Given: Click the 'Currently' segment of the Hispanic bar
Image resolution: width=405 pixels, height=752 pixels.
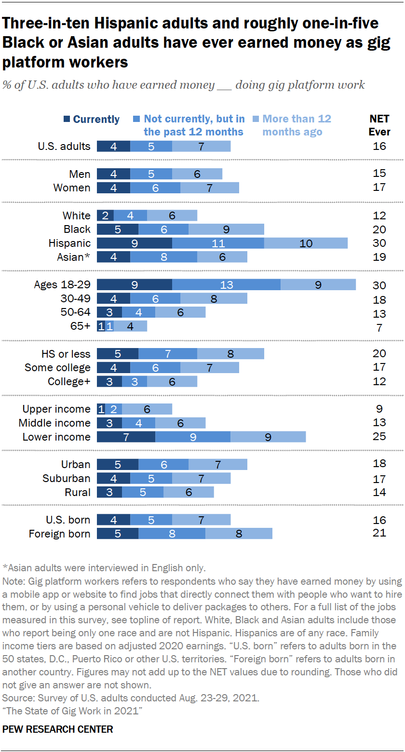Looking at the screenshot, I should point(134,243).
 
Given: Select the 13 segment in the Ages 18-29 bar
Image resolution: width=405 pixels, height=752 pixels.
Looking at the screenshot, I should point(226,284).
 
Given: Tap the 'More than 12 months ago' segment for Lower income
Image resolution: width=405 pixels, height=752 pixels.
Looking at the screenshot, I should point(268,437).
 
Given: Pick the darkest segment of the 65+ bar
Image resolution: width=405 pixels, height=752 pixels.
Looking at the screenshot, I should point(101,326).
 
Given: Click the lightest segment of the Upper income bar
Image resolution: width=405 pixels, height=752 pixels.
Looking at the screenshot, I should point(147,409).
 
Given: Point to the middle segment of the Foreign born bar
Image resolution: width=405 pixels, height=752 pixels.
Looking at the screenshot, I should point(172,534).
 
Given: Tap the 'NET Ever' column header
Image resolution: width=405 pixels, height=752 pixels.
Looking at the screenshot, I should point(379,125).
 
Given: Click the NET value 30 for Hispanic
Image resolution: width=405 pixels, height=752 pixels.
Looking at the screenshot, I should point(379,243).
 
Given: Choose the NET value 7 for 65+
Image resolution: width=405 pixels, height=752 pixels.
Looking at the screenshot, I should point(379,328).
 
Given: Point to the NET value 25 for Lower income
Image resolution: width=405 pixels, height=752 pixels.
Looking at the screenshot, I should point(379,437).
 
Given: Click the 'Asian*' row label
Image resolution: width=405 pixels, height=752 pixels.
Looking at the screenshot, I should point(73,257).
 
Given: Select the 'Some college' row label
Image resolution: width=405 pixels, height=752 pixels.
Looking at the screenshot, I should point(57,368).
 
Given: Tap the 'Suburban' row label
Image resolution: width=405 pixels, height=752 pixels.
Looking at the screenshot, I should point(66,478).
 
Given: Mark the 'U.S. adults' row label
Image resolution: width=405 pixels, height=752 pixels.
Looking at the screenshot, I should point(64,146).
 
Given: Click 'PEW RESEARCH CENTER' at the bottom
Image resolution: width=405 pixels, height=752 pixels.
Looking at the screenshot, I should point(58,729).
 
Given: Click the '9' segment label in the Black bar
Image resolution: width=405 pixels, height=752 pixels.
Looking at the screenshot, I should point(226,229).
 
